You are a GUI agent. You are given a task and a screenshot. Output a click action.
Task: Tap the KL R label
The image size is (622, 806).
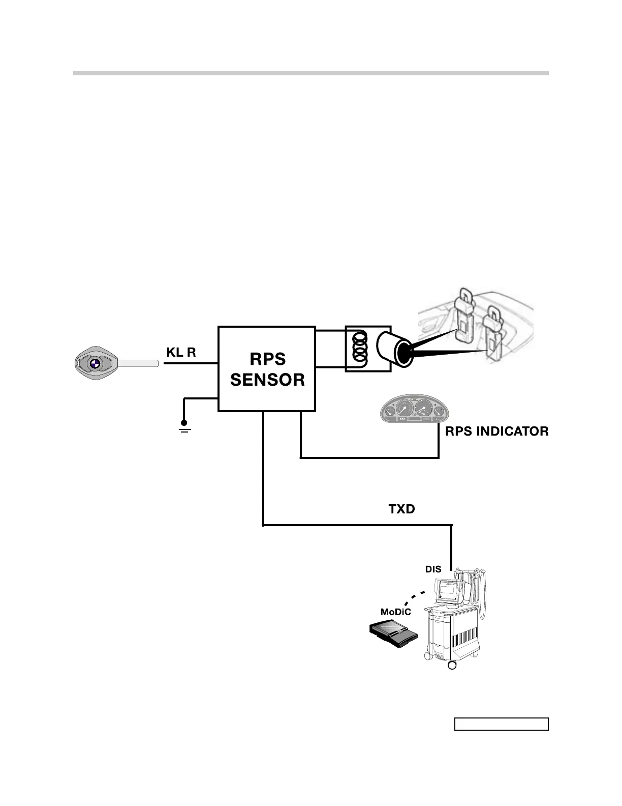(x=181, y=352)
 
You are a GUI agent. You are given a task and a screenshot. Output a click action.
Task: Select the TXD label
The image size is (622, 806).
(x=401, y=509)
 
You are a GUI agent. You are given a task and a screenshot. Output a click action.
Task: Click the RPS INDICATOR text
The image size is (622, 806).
(x=496, y=431)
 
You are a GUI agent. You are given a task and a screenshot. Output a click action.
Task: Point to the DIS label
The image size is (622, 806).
(x=433, y=569)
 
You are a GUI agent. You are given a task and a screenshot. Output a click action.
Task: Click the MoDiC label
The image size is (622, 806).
(x=395, y=612)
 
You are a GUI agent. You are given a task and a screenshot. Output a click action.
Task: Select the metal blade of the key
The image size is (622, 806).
(x=138, y=363)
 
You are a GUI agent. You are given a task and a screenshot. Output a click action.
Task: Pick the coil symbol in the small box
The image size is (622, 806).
(x=360, y=349)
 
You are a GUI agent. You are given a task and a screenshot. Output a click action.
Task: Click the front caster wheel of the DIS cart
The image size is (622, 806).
(x=452, y=665)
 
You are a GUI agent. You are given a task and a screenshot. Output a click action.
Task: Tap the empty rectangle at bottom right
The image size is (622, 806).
(x=501, y=724)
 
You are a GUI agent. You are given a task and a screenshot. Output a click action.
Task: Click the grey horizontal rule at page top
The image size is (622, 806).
(x=310, y=73)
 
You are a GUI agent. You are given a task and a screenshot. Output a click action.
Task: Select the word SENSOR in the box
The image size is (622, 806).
(x=267, y=380)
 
